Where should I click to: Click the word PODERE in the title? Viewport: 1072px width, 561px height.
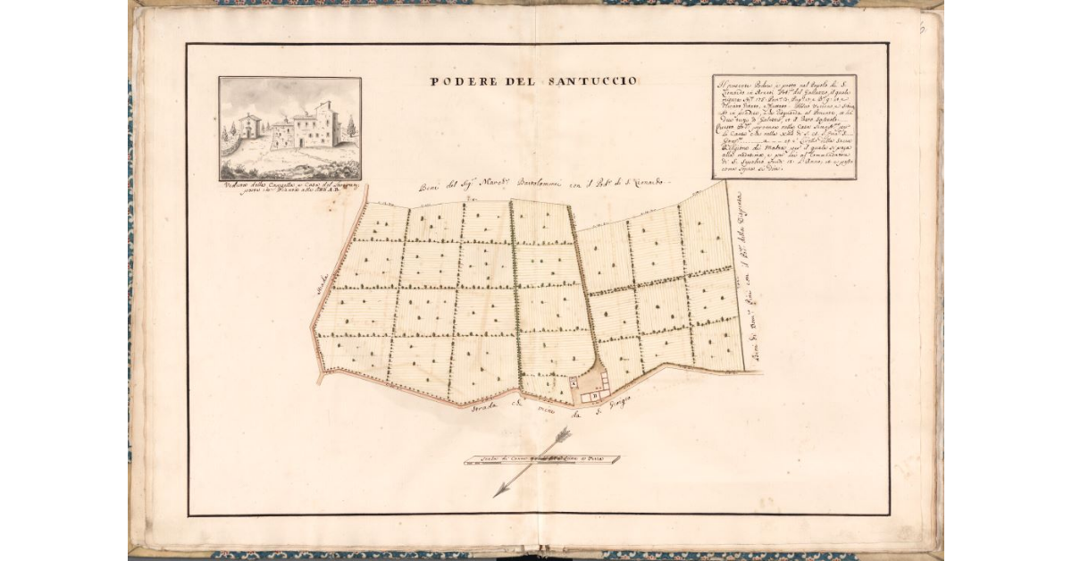(x=460, y=81)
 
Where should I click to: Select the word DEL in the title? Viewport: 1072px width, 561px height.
(x=517, y=81)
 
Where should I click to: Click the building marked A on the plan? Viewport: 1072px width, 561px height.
(x=574, y=381)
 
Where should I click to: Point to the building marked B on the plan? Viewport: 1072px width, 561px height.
(x=593, y=391)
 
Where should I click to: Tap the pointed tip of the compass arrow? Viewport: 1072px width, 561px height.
(x=497, y=495)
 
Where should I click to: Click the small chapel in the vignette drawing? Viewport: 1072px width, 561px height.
(x=249, y=125)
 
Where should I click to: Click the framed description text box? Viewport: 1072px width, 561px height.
(x=784, y=128)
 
